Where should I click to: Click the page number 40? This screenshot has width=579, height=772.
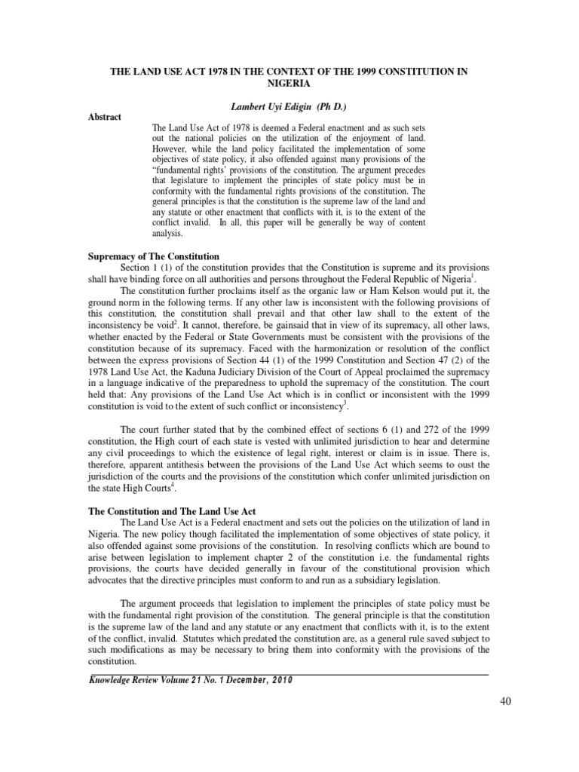pyautogui.click(x=505, y=702)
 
